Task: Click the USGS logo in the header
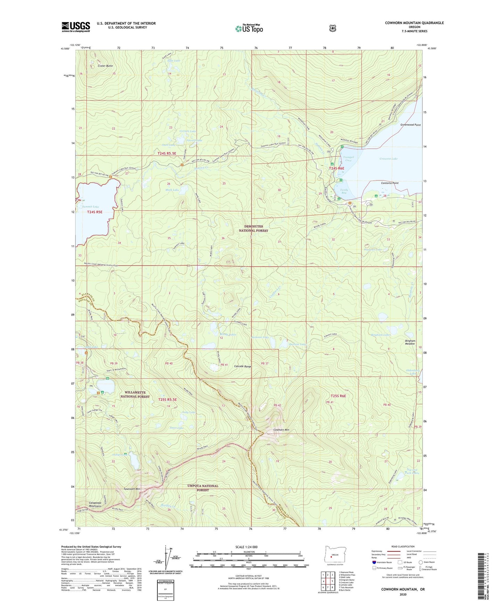click(x=76, y=27)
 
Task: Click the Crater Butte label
click(x=105, y=66)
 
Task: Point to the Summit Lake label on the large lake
click(x=90, y=207)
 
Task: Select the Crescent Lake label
click(x=388, y=159)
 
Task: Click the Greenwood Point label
click(x=410, y=125)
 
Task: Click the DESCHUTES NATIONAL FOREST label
click(x=254, y=228)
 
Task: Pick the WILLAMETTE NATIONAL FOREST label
click(x=135, y=394)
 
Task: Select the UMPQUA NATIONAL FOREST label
click(x=203, y=488)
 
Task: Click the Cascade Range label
click(x=242, y=366)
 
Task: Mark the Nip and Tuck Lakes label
click(x=412, y=471)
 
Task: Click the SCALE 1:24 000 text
click(x=246, y=547)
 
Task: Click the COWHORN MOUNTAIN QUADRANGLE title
click(x=414, y=23)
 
